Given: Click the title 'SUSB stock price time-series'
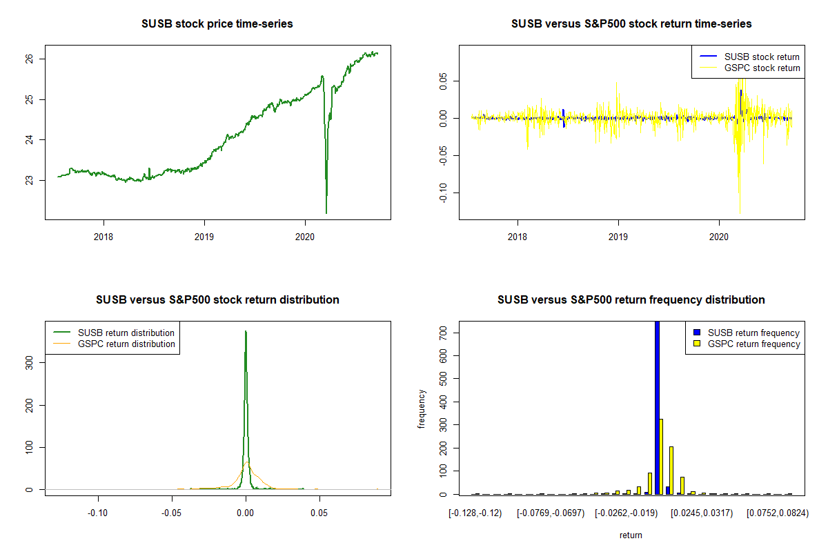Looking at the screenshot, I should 217,24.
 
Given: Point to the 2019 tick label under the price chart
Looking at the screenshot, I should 204,235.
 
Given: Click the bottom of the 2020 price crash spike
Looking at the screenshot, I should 326,212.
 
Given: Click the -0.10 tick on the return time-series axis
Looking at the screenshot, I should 442,192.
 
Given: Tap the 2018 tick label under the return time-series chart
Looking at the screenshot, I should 517,235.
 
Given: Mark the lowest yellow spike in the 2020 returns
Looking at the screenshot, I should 740,213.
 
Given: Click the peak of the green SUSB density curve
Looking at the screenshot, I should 246,332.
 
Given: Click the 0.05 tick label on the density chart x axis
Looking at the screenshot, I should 319,513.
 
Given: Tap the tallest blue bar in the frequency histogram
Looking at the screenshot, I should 657,407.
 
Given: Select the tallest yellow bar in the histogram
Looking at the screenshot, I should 661,455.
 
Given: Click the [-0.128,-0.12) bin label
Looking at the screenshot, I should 475,513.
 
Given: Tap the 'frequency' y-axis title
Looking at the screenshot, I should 422,409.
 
